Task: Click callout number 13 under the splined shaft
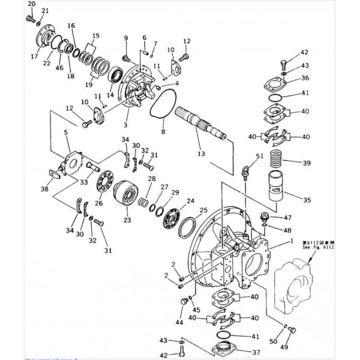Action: [x=200, y=154]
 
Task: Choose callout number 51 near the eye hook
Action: [x=259, y=157]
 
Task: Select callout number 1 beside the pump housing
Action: [x=292, y=240]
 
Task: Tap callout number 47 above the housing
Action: [x=288, y=218]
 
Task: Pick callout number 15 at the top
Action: [x=96, y=36]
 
